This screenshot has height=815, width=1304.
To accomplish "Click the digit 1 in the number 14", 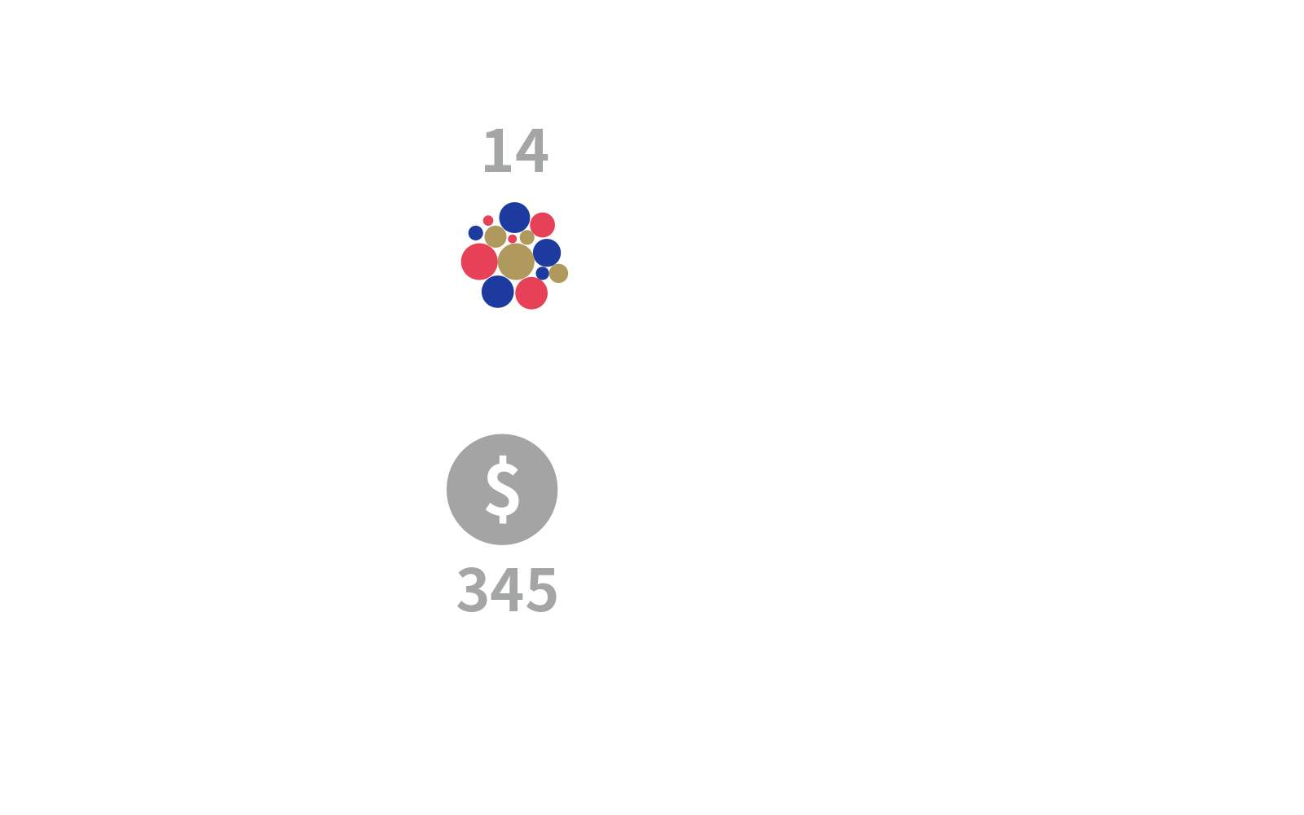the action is click(498, 151).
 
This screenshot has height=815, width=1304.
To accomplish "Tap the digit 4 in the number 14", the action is click(531, 151).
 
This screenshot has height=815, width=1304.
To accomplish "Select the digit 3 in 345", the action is click(472, 590).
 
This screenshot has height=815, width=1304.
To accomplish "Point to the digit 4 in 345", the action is click(506, 590).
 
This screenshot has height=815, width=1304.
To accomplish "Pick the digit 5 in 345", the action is click(541, 590).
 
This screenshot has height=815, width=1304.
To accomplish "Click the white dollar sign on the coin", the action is click(502, 489).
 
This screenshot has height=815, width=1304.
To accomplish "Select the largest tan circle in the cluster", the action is click(516, 262).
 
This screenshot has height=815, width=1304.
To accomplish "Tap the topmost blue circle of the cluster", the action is click(514, 218).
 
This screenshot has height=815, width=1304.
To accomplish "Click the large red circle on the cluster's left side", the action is click(480, 262).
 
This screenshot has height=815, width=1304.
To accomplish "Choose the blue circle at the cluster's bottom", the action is click(498, 292).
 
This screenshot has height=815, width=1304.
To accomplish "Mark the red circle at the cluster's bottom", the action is click(531, 293).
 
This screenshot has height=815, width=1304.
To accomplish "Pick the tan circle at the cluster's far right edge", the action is click(558, 273).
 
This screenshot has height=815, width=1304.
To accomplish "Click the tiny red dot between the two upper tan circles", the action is click(513, 239).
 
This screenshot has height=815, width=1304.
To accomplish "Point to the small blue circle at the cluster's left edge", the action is click(476, 233).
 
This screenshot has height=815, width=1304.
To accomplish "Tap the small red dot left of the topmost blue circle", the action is click(488, 221).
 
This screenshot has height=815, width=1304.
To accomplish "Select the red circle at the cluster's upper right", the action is click(543, 225).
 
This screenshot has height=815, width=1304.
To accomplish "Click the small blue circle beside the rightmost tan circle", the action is click(542, 273).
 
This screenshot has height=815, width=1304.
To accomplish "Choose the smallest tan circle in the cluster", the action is click(526, 237).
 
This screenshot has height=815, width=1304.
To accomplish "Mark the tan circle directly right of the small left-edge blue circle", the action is click(496, 237).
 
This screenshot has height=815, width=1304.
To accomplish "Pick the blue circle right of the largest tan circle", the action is click(547, 253).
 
